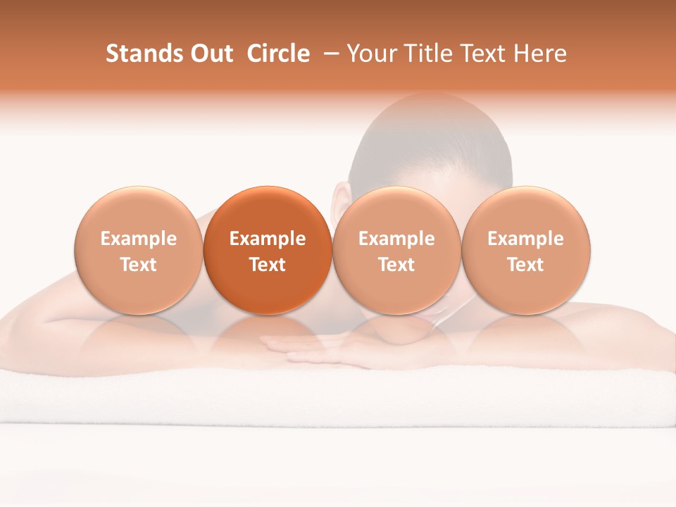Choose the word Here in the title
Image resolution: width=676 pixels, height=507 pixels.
click(540, 54)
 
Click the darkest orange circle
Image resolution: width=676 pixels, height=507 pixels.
click(268, 211)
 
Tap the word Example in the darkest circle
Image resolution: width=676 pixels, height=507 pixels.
click(268, 239)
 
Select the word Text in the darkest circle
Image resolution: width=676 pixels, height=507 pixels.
click(268, 265)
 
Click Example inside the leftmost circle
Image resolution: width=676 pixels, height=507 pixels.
click(139, 239)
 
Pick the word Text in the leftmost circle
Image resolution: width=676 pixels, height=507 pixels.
click(139, 265)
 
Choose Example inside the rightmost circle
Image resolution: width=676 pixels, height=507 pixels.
click(526, 239)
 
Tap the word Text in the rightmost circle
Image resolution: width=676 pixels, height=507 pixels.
click(526, 265)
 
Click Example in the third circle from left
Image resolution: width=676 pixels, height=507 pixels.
click(396, 239)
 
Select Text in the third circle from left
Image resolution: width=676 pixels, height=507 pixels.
click(396, 265)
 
